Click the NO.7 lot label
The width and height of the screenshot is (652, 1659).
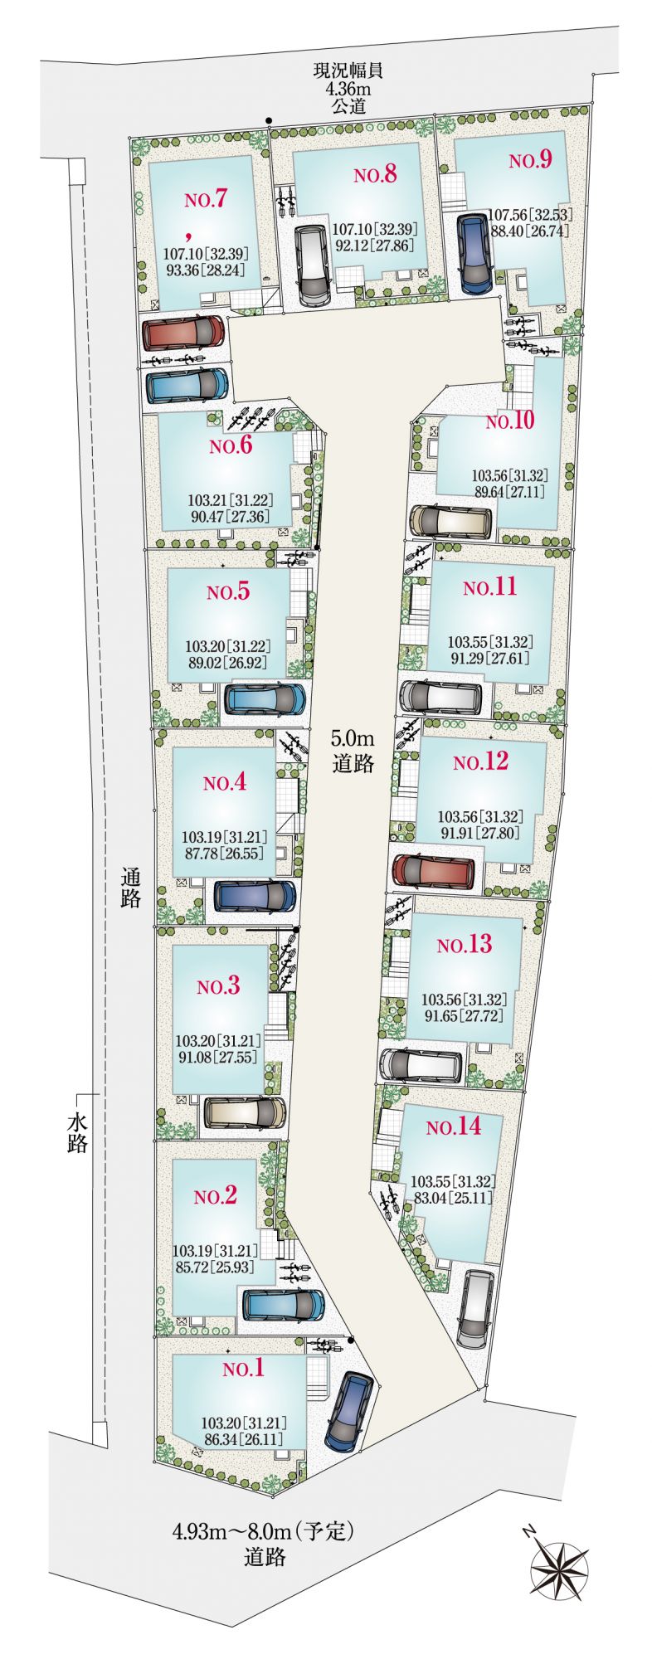point(207,199)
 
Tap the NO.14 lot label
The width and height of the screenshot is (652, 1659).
point(453,1126)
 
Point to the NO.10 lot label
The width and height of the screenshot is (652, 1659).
point(510,421)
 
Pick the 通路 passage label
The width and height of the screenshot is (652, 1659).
point(130,887)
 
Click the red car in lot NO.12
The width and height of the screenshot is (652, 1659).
point(433,871)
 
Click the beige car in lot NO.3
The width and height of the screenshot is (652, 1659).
point(245,1112)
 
